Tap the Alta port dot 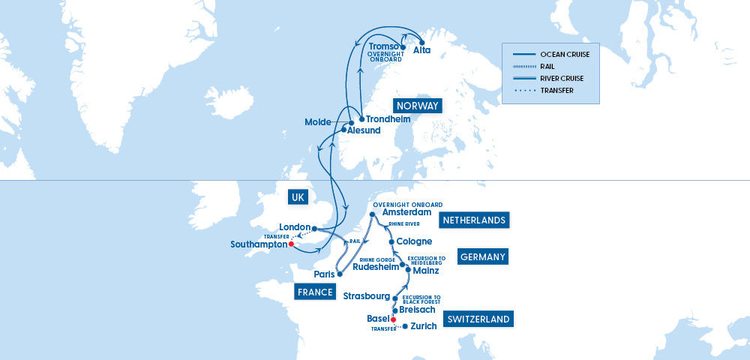point(422,42)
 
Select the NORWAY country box point(418,106)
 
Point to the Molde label point(319,122)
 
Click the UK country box point(298,196)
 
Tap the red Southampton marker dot point(291,244)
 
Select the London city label point(294,227)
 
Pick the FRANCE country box point(314,292)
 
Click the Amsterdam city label point(408,213)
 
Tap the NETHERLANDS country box point(475,220)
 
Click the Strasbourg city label point(366,296)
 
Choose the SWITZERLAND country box point(478,319)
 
